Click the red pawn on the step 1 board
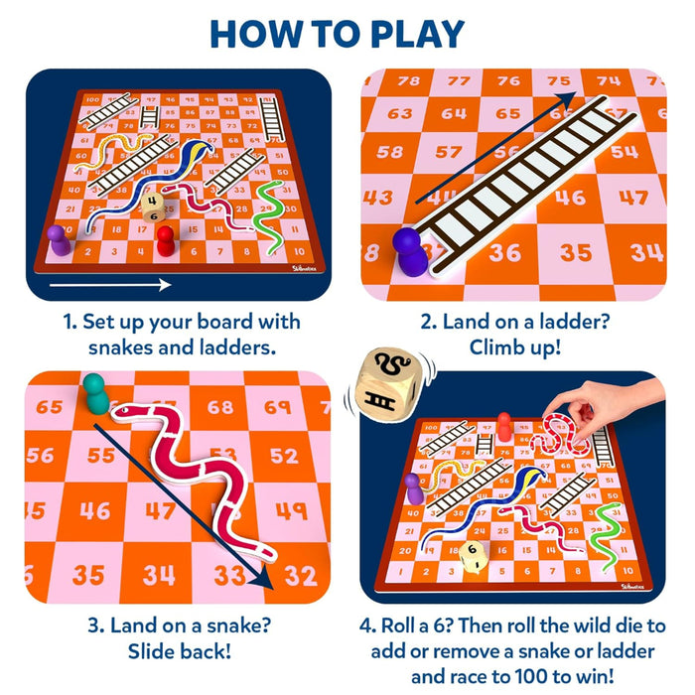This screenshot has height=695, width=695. click(x=165, y=239)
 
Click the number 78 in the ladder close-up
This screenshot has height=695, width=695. click(x=407, y=80)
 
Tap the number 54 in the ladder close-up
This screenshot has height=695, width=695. click(x=624, y=151)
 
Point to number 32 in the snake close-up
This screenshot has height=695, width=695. click(x=300, y=575)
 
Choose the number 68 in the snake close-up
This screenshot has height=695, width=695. click(x=220, y=407)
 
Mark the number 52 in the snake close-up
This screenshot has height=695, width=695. click(x=283, y=456)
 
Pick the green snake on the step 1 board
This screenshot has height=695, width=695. click(x=266, y=208)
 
